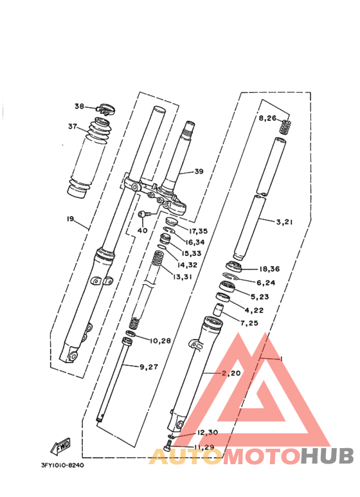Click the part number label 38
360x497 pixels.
click(x=79, y=106)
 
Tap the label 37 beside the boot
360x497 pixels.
click(x=73, y=126)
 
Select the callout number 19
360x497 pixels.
click(x=70, y=219)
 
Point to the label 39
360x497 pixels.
click(x=198, y=172)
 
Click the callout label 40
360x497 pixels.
click(x=142, y=230)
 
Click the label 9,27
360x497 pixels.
click(x=149, y=366)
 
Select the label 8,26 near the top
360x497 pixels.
click(x=267, y=118)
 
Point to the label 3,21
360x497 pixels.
click(x=284, y=222)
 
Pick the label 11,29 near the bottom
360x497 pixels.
click(x=205, y=446)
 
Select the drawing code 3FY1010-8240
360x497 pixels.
click(x=62, y=465)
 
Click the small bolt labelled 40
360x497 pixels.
click(x=145, y=214)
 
